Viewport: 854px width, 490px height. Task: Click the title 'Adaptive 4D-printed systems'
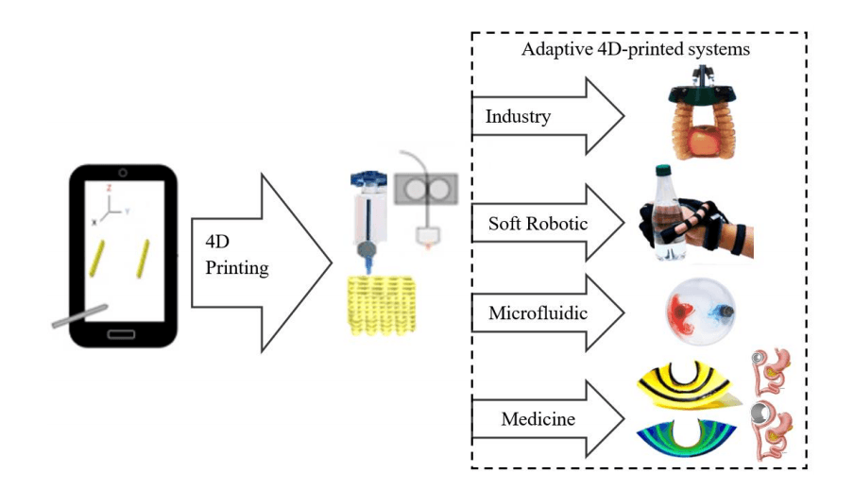[x=636, y=49]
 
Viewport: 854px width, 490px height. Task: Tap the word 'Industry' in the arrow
[x=518, y=117]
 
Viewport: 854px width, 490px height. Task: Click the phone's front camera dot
[x=122, y=173]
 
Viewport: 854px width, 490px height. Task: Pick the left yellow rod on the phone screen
[x=97, y=257]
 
